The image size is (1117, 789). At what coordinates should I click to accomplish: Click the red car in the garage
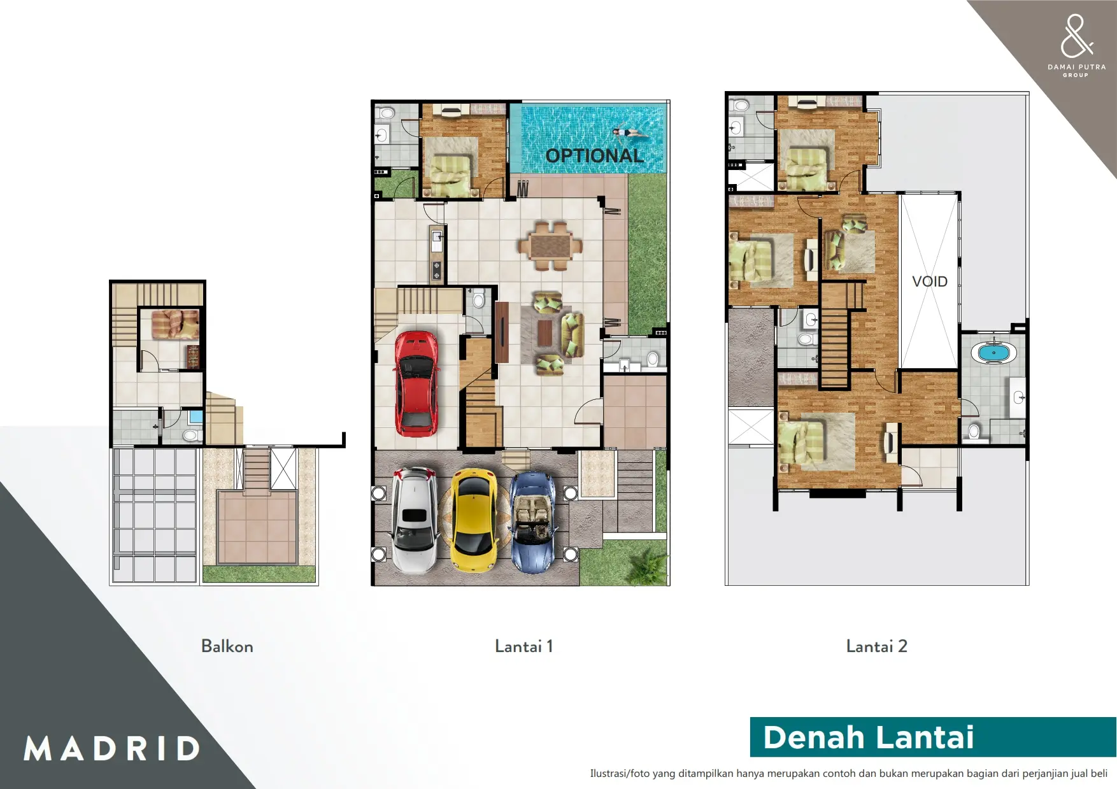[x=416, y=384]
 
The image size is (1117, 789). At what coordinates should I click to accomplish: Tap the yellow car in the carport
[x=474, y=520]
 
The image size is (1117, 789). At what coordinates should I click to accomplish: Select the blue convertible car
[x=534, y=522]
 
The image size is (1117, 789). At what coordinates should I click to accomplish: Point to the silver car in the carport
[x=415, y=520]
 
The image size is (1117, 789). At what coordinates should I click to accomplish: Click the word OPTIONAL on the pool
[x=595, y=155]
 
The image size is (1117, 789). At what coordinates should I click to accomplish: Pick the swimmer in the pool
[x=630, y=133]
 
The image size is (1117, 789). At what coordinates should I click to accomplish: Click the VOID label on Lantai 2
[x=929, y=281]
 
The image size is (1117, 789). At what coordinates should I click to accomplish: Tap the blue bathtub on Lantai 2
[x=993, y=353]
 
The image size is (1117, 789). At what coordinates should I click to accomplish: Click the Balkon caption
[x=227, y=646]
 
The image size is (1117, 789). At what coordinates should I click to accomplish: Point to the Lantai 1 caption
[x=523, y=646]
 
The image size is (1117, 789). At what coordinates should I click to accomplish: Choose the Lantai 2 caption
[x=876, y=646]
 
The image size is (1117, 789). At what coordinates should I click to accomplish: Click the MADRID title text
[x=112, y=748]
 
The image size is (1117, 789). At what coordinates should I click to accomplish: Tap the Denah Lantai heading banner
[x=933, y=737]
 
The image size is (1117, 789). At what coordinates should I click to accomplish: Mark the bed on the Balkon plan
[x=175, y=324]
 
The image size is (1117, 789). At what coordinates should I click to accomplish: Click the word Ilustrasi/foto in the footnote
[x=620, y=774]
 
